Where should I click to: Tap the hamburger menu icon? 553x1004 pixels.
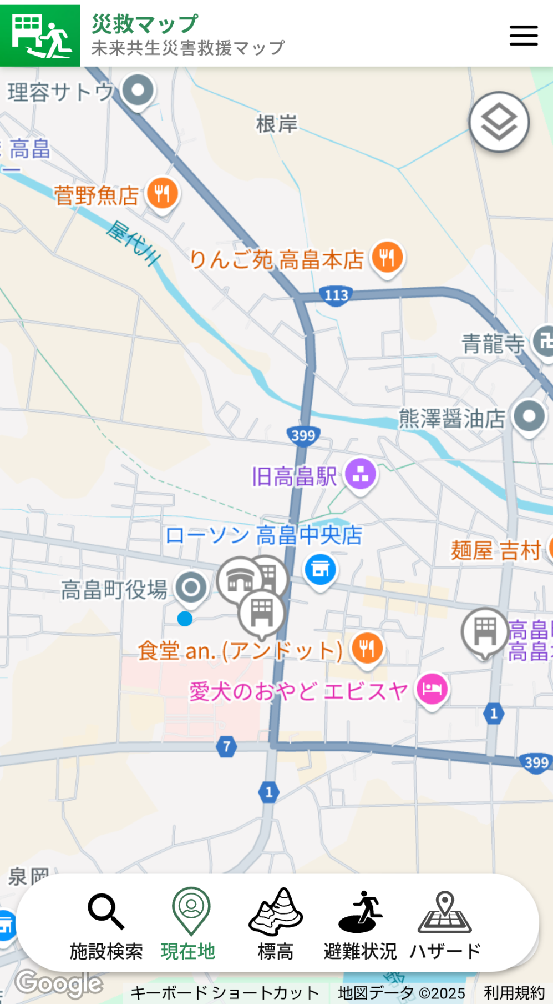point(524,36)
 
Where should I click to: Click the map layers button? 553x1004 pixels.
point(499,122)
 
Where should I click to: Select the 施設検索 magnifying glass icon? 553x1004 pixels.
point(105,911)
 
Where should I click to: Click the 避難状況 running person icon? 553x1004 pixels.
point(361,911)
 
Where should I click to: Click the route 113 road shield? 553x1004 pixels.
point(336,295)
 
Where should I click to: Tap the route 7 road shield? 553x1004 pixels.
point(226,746)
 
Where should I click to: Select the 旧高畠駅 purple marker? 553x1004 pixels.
point(361,474)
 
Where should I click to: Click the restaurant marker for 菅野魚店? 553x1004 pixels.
point(162,194)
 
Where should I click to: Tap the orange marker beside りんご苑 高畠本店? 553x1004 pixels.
point(388,257)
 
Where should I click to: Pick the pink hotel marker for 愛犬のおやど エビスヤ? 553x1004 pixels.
point(432,689)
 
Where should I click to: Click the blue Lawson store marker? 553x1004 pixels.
point(320,569)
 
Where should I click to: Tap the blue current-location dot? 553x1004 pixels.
point(185,619)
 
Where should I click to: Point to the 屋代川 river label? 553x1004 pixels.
point(134,243)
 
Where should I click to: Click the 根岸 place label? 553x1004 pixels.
point(276,124)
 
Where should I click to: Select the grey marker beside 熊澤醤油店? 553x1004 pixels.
point(529,416)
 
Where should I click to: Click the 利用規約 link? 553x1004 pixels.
point(514,992)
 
